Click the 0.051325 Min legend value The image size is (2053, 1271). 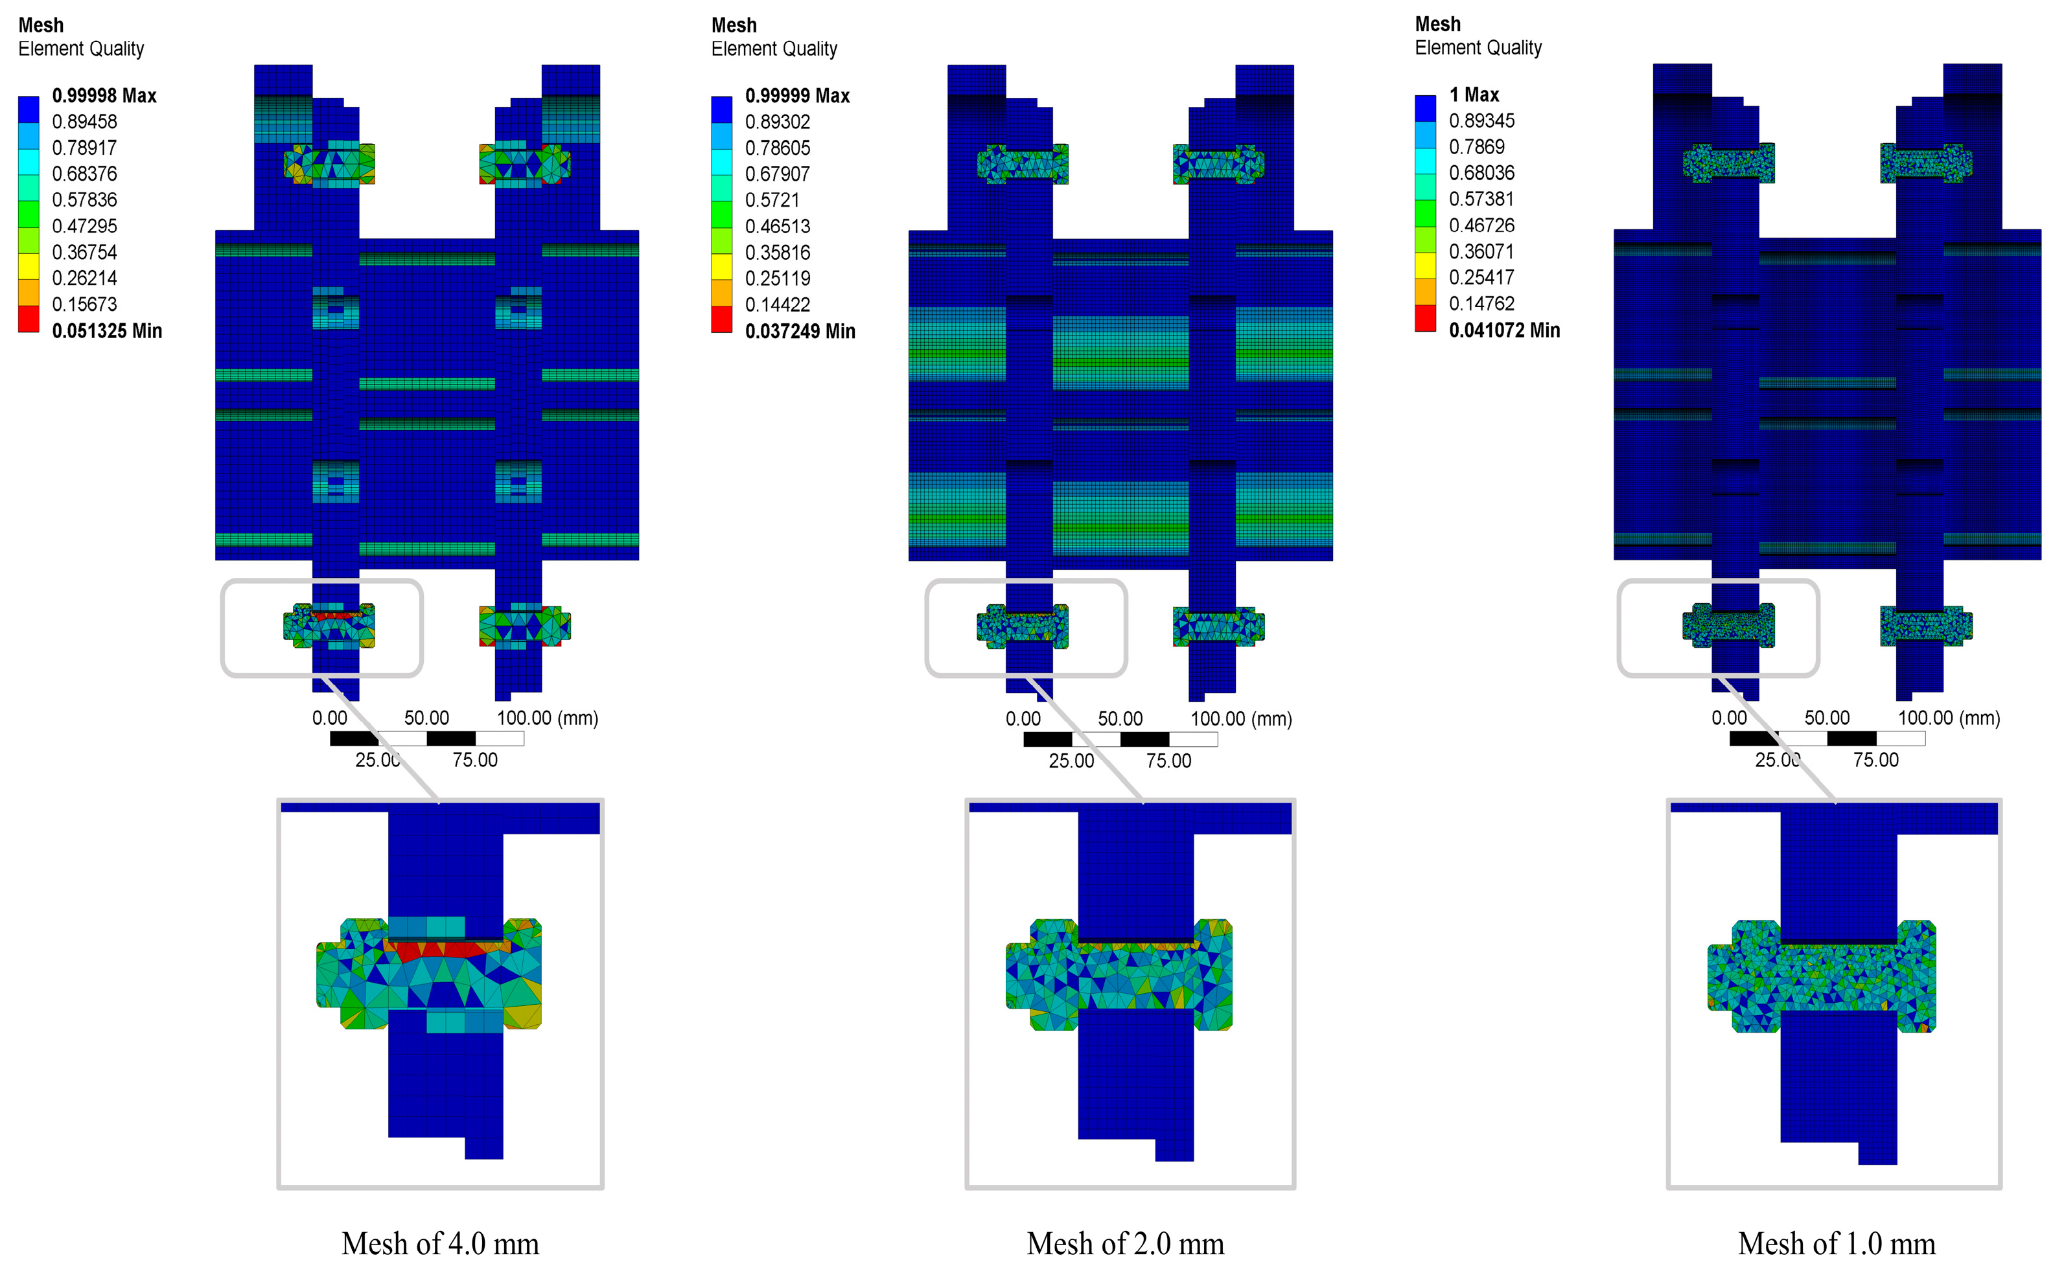(107, 330)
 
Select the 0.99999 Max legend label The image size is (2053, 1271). (797, 96)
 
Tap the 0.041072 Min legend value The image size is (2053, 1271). (1504, 330)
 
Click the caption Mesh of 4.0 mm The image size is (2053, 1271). (439, 1242)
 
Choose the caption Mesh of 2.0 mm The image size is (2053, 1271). (1125, 1242)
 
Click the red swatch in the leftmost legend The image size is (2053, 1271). (29, 319)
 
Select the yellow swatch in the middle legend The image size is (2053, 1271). (721, 266)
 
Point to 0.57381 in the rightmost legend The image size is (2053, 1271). (1481, 200)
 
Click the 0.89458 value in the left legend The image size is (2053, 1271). (84, 122)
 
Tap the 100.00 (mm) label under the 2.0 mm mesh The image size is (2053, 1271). (1241, 718)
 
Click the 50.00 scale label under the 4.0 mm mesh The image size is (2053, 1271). (426, 718)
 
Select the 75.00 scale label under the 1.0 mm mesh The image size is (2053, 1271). (1875, 760)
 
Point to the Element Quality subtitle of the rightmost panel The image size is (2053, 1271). (1478, 48)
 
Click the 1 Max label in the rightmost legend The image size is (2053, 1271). (1474, 94)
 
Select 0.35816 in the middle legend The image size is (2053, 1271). (778, 252)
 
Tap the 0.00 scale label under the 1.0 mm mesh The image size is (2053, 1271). (1728, 718)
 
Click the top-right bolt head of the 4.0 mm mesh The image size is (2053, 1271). (525, 164)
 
